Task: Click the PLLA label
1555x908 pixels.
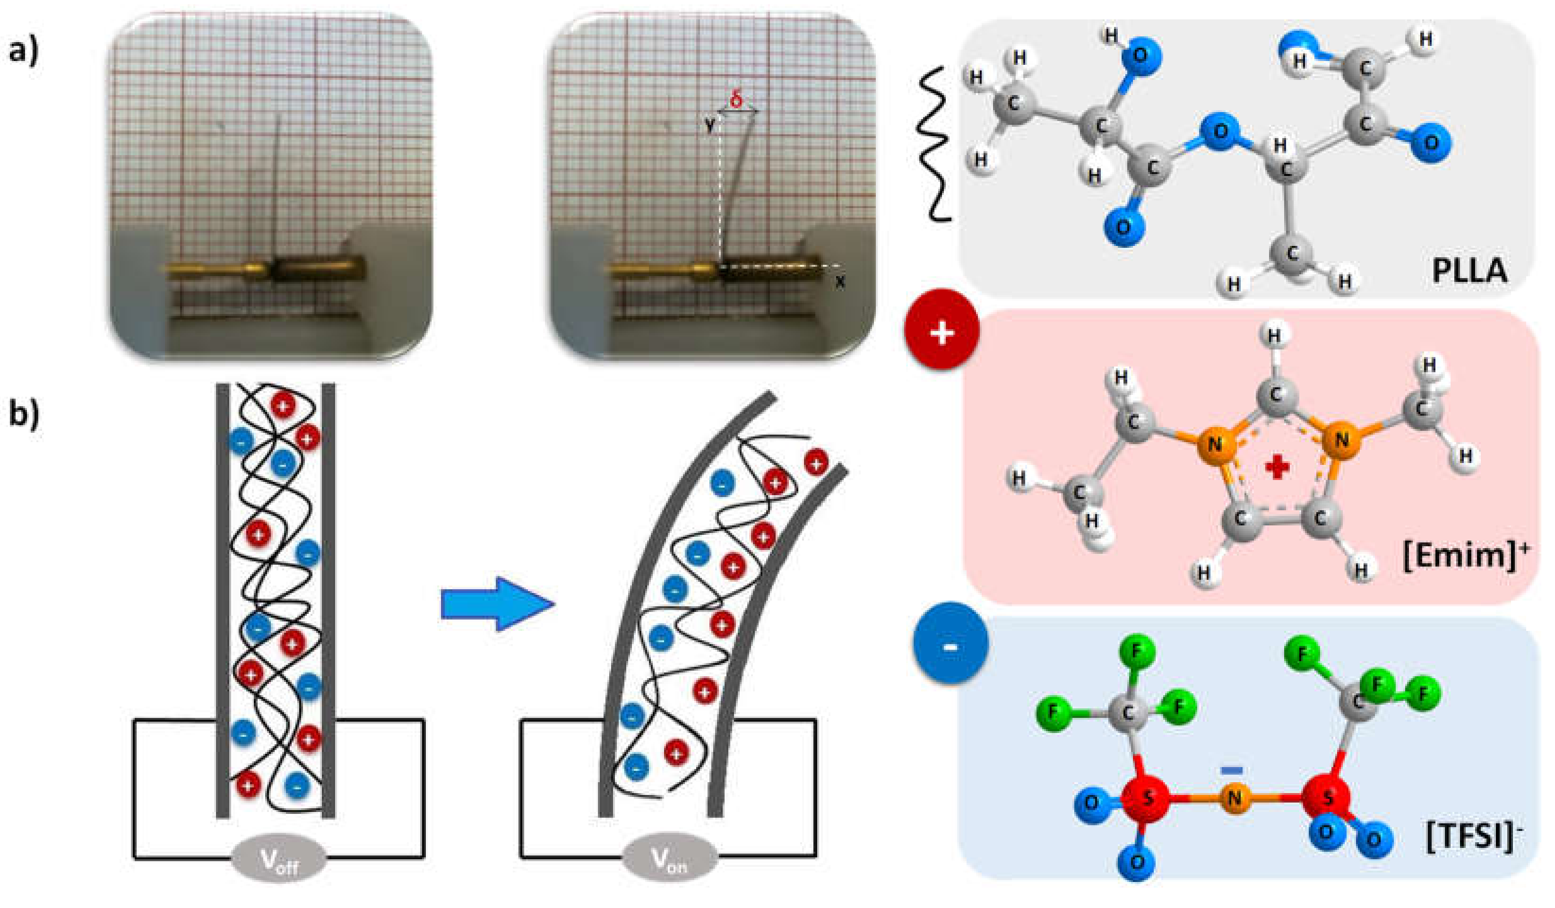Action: [1469, 271]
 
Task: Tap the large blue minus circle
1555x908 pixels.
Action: [950, 646]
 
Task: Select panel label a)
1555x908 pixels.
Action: [24, 49]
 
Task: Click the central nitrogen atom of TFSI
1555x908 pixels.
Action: [1234, 798]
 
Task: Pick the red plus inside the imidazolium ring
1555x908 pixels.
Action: [1277, 467]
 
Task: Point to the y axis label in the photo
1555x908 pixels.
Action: [709, 125]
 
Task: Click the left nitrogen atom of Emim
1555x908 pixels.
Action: [1214, 444]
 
